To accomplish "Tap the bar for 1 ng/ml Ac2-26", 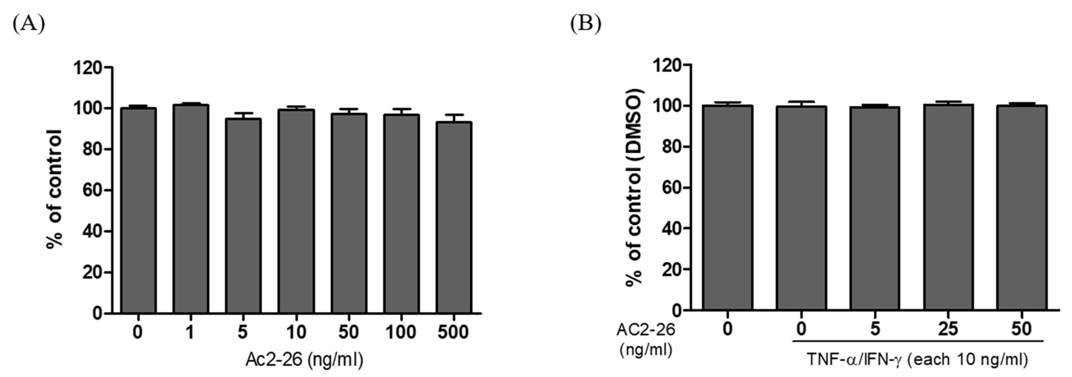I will pos(191,208).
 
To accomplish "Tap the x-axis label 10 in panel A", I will pos(296,332).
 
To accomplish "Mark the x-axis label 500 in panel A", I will pos(453,332).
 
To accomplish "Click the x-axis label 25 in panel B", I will pos(948,329).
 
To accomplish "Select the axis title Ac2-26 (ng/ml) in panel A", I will pos(304,359).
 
